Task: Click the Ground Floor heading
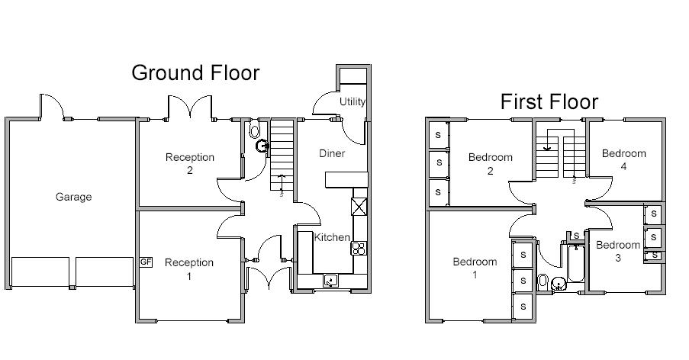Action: [x=195, y=72]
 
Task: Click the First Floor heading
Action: [x=549, y=101]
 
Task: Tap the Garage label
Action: [x=73, y=197]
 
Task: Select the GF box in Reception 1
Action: [x=146, y=262]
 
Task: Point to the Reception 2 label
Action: [x=190, y=163]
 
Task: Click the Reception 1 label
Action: [x=189, y=268]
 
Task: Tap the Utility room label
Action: [x=353, y=101]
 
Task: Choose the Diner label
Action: [x=332, y=153]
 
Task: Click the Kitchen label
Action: [x=332, y=237]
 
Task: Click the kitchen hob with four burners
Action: [x=359, y=247]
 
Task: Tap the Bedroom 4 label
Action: [x=623, y=159]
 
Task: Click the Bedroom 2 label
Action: [x=490, y=164]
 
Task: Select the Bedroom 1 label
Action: [x=475, y=268]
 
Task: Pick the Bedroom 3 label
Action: [x=617, y=251]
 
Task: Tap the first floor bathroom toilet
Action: [x=543, y=281]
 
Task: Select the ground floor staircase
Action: [x=282, y=156]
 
